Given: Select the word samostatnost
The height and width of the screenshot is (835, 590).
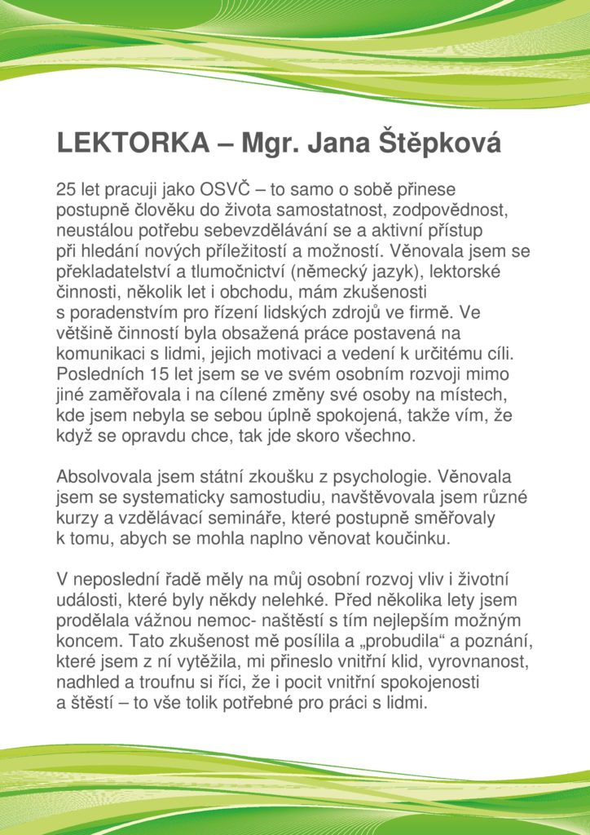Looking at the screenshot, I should [306, 209].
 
